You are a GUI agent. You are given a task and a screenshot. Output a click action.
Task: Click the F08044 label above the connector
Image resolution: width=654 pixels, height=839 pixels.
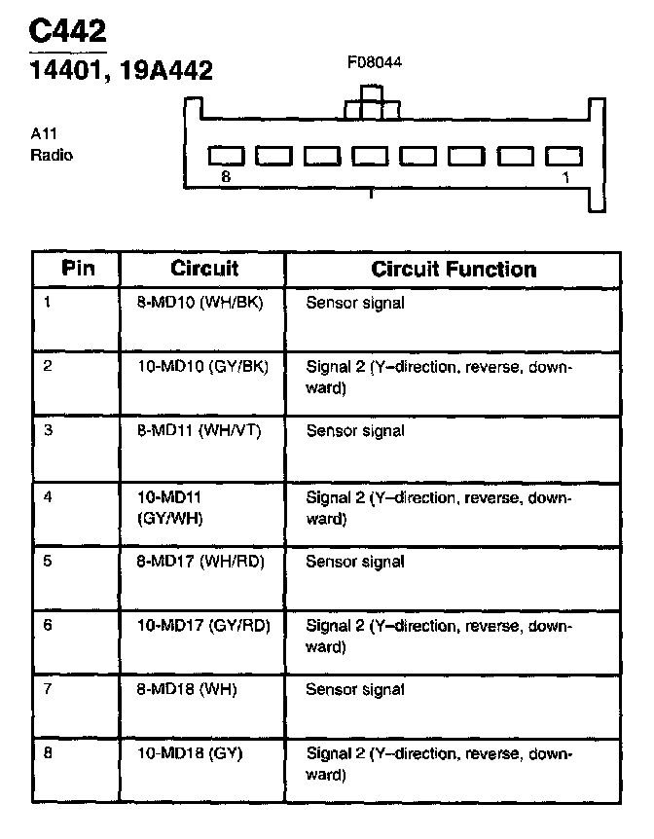point(375,62)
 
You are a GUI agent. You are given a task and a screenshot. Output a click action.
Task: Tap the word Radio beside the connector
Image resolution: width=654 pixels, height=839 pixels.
point(52,155)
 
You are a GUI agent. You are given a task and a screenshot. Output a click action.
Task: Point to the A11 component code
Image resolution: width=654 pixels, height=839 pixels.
point(44,135)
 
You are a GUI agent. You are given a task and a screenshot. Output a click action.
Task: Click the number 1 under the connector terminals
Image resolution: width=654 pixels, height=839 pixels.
point(565,178)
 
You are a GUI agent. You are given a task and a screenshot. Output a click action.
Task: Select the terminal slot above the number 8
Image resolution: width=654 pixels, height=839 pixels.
point(227,156)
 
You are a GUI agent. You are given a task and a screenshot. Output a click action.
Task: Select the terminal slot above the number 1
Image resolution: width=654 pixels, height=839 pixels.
point(563,156)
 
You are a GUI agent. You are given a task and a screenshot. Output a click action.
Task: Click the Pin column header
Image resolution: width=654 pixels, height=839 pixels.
point(78,269)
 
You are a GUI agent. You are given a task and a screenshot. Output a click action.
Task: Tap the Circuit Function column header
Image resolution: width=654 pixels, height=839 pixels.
point(454,269)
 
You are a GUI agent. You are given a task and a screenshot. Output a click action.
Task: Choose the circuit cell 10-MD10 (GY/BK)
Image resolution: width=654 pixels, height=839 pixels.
point(202,367)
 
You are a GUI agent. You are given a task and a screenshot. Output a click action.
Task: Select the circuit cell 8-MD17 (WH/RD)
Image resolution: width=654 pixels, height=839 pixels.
point(200,561)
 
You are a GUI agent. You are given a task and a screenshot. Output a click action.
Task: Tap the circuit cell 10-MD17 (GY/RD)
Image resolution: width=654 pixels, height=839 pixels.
point(202,625)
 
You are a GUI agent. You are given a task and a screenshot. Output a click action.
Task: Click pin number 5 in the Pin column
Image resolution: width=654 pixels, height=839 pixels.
point(48,561)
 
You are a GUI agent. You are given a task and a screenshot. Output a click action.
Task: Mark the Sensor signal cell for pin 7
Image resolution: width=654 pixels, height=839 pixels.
point(355,689)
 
